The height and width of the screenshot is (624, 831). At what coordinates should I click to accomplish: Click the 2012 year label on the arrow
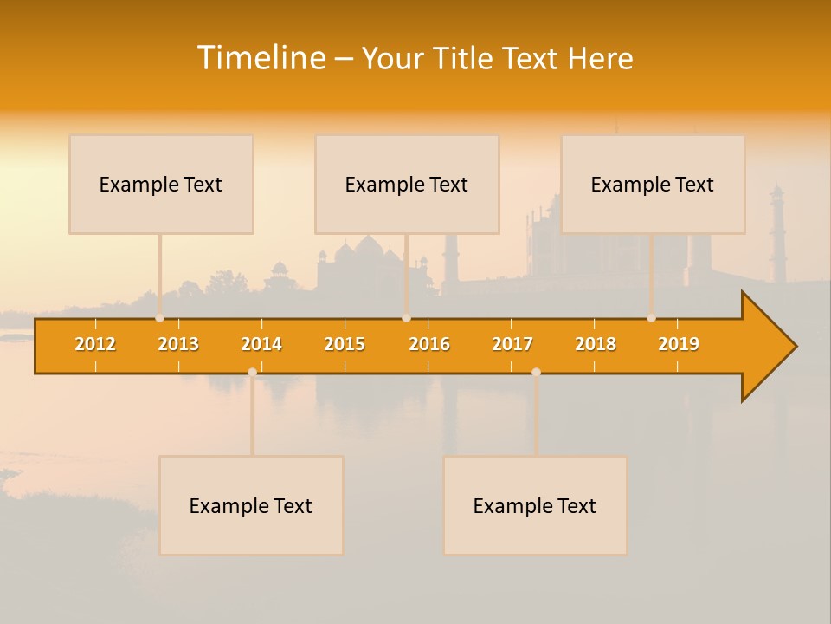95,344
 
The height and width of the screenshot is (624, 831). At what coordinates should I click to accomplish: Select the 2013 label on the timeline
178,344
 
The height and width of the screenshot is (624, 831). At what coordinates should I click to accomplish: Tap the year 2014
261,344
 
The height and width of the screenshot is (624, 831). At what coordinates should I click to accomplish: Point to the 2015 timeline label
345,344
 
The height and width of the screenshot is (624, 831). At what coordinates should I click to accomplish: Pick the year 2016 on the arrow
429,344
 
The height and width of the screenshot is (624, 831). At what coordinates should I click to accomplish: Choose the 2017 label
512,344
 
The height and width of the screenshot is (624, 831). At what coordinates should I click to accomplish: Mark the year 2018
596,344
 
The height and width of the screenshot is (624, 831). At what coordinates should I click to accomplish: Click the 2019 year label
679,344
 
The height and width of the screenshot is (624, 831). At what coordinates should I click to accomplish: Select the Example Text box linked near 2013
161,184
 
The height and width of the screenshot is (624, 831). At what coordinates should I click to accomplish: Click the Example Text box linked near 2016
407,184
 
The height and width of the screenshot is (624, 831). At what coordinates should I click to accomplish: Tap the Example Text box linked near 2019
653,184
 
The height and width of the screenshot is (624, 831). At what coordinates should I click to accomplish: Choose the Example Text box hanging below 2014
251,505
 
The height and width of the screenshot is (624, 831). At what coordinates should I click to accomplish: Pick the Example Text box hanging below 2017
535,505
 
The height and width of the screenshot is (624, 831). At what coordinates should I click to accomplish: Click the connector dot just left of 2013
159,318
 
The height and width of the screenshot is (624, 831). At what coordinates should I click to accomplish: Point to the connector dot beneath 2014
252,372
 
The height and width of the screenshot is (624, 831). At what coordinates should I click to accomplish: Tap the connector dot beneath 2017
536,372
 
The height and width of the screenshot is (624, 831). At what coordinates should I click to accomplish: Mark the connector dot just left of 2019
651,318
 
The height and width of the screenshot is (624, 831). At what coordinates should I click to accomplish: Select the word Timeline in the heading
261,58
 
